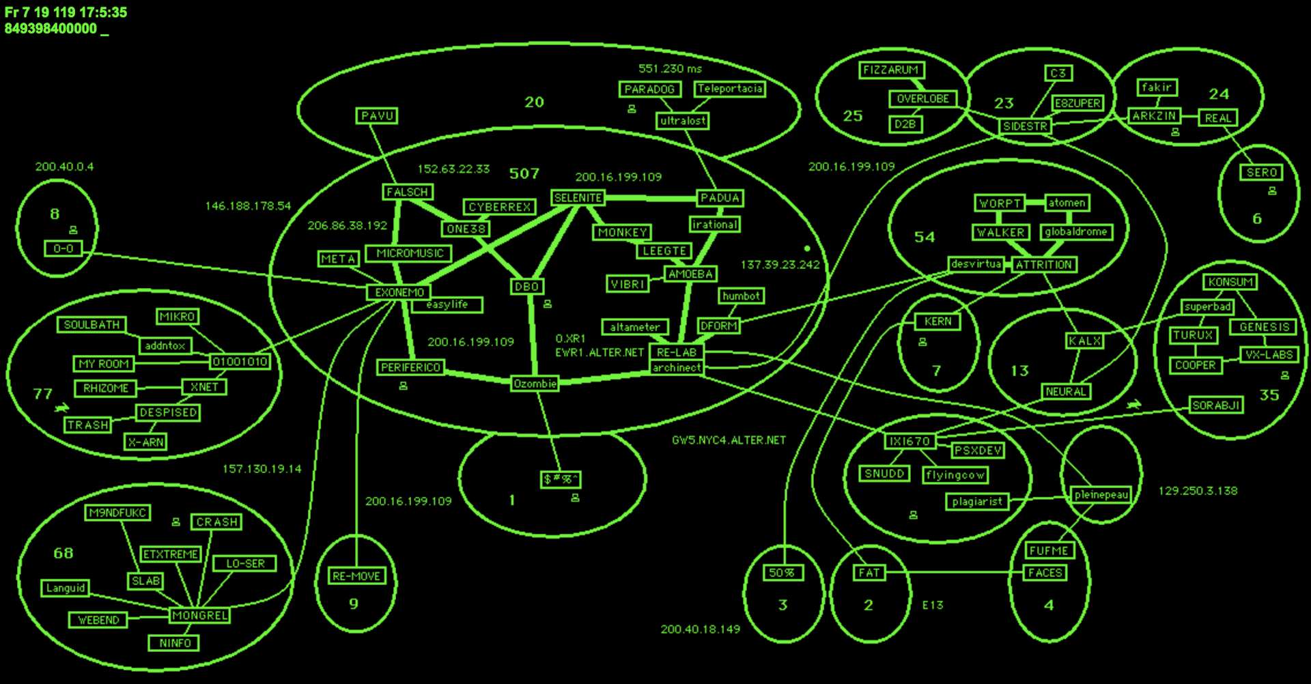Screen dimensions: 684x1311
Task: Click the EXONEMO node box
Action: [x=399, y=292]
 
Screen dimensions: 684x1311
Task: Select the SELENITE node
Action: [x=578, y=198]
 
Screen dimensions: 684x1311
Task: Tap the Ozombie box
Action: [x=535, y=384]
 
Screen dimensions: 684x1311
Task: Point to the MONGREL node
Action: [x=199, y=615]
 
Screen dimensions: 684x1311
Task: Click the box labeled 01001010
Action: [x=240, y=361]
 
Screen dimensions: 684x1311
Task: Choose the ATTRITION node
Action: [x=1043, y=265]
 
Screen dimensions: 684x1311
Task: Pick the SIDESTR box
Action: [x=1024, y=126]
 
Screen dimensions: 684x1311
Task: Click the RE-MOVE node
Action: [x=356, y=576]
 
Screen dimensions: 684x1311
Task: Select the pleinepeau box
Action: [x=1101, y=495]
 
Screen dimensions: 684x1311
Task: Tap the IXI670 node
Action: [x=909, y=441]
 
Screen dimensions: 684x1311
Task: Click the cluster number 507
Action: [x=524, y=173]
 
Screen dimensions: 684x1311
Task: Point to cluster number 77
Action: [x=42, y=394]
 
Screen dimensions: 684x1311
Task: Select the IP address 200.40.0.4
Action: [x=64, y=167]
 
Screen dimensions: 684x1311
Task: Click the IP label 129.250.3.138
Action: [x=1198, y=491]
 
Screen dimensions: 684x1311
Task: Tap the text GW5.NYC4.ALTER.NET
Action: [x=729, y=440]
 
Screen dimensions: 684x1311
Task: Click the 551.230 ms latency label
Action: [x=670, y=68]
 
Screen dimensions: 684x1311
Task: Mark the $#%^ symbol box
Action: [x=561, y=479]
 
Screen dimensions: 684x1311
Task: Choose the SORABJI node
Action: [x=1215, y=405]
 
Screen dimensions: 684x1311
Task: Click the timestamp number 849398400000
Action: [x=51, y=29]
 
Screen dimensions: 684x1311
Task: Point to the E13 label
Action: [x=932, y=605]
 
